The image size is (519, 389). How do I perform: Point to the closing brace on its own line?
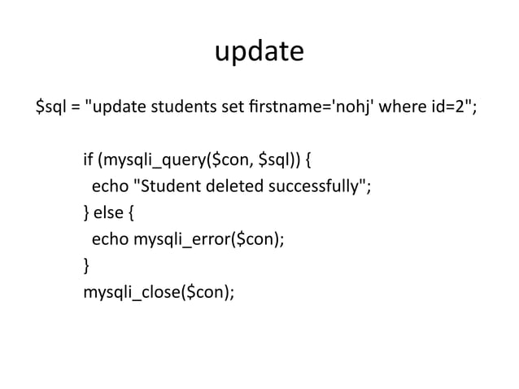(x=87, y=266)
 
